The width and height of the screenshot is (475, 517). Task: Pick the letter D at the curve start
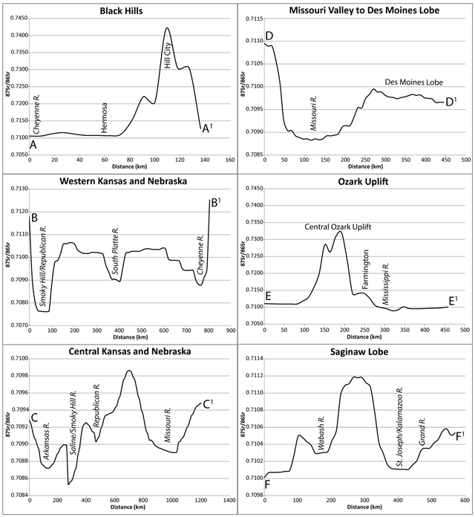point(270,36)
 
